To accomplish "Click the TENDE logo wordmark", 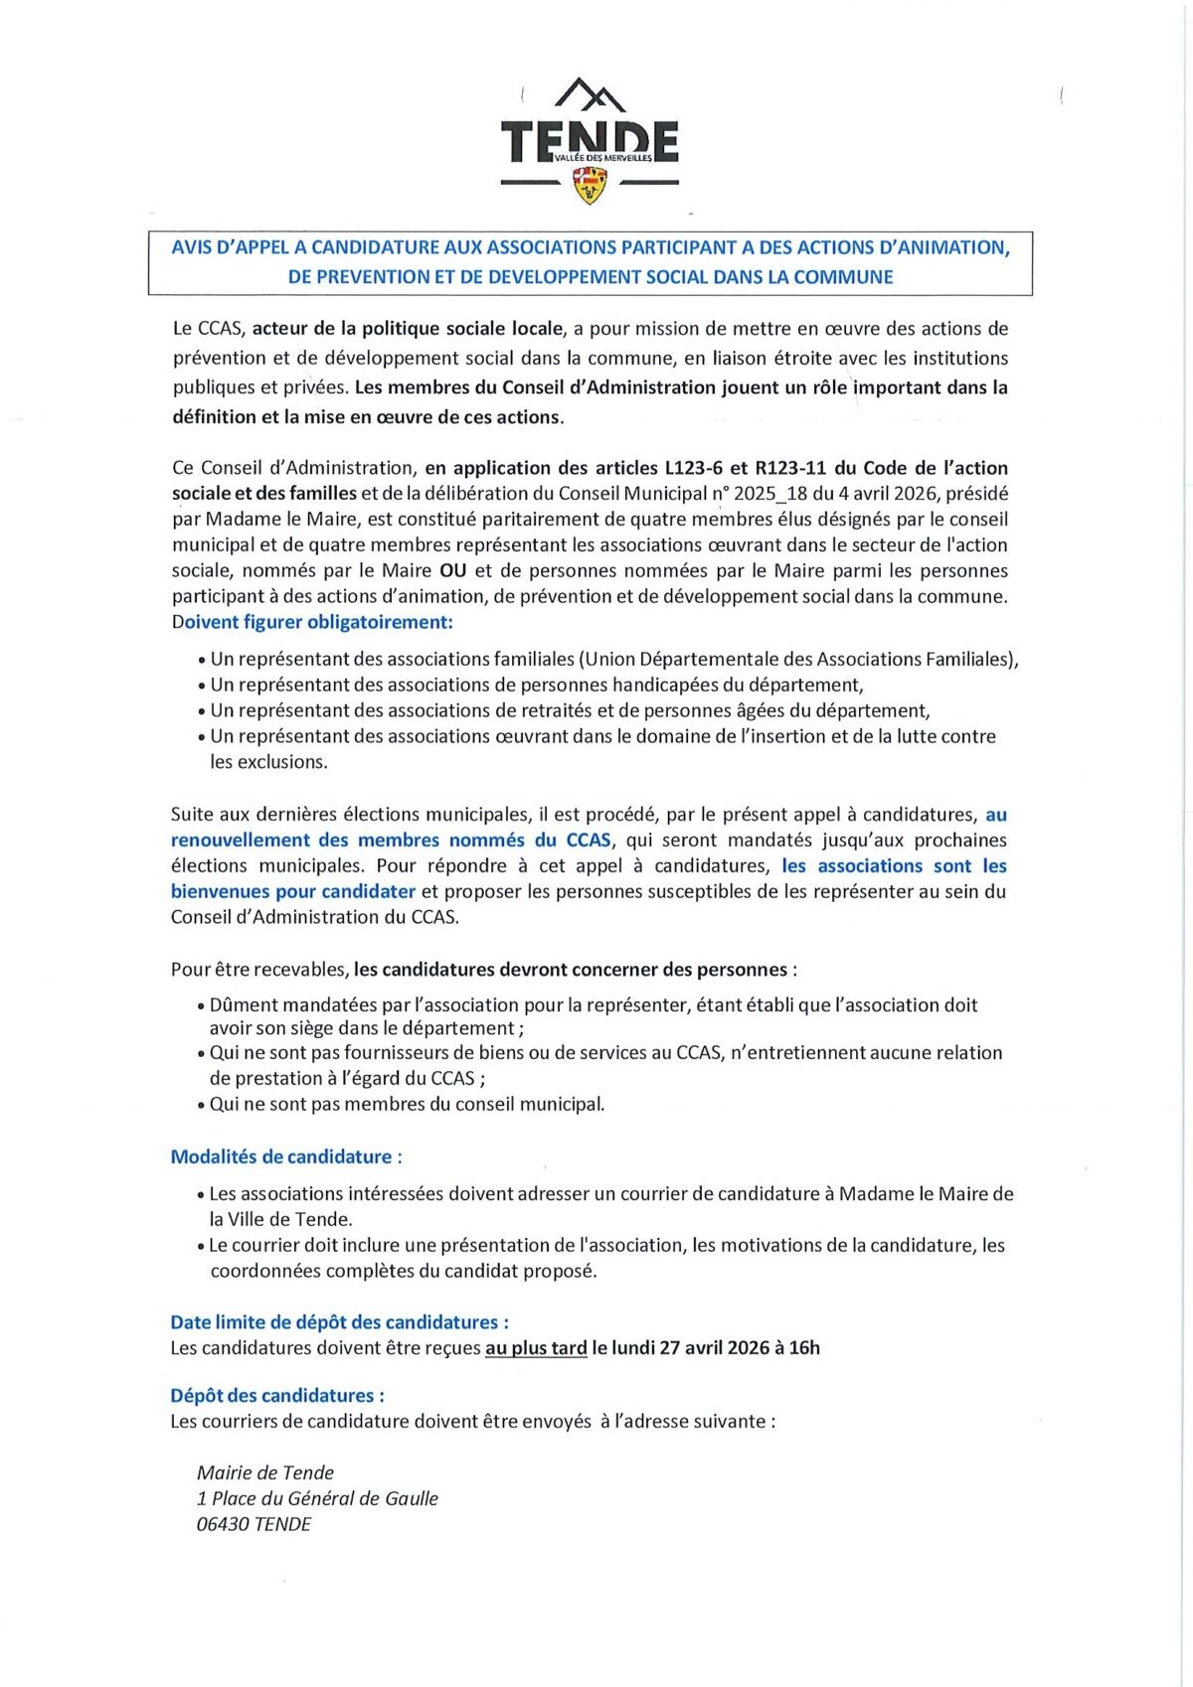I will (x=590, y=141).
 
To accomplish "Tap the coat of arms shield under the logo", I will (x=591, y=184).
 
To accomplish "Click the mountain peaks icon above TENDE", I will (x=590, y=94).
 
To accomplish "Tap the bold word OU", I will (x=452, y=571).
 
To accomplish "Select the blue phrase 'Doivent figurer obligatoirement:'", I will (x=312, y=623).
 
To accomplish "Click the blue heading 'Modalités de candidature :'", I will (x=286, y=1157).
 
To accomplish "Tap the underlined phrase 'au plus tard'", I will (x=536, y=1349).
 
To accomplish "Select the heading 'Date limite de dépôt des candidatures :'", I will (x=339, y=1323).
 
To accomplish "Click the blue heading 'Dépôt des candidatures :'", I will (x=277, y=1396).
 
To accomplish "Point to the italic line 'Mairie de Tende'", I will (x=265, y=1473).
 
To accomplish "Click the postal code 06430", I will (x=223, y=1525).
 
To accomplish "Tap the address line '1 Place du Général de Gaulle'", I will (x=317, y=1499).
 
